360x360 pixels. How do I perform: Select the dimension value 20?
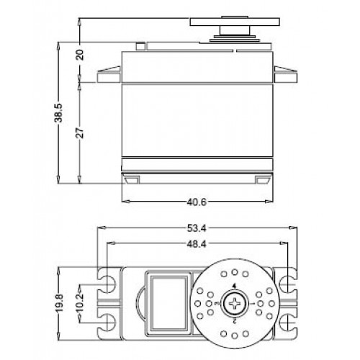point(81,55)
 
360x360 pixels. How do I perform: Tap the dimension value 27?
point(81,132)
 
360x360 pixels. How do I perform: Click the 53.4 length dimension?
point(196,229)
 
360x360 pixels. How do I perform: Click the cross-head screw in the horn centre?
point(235,305)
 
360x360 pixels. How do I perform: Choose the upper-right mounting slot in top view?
point(286,281)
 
